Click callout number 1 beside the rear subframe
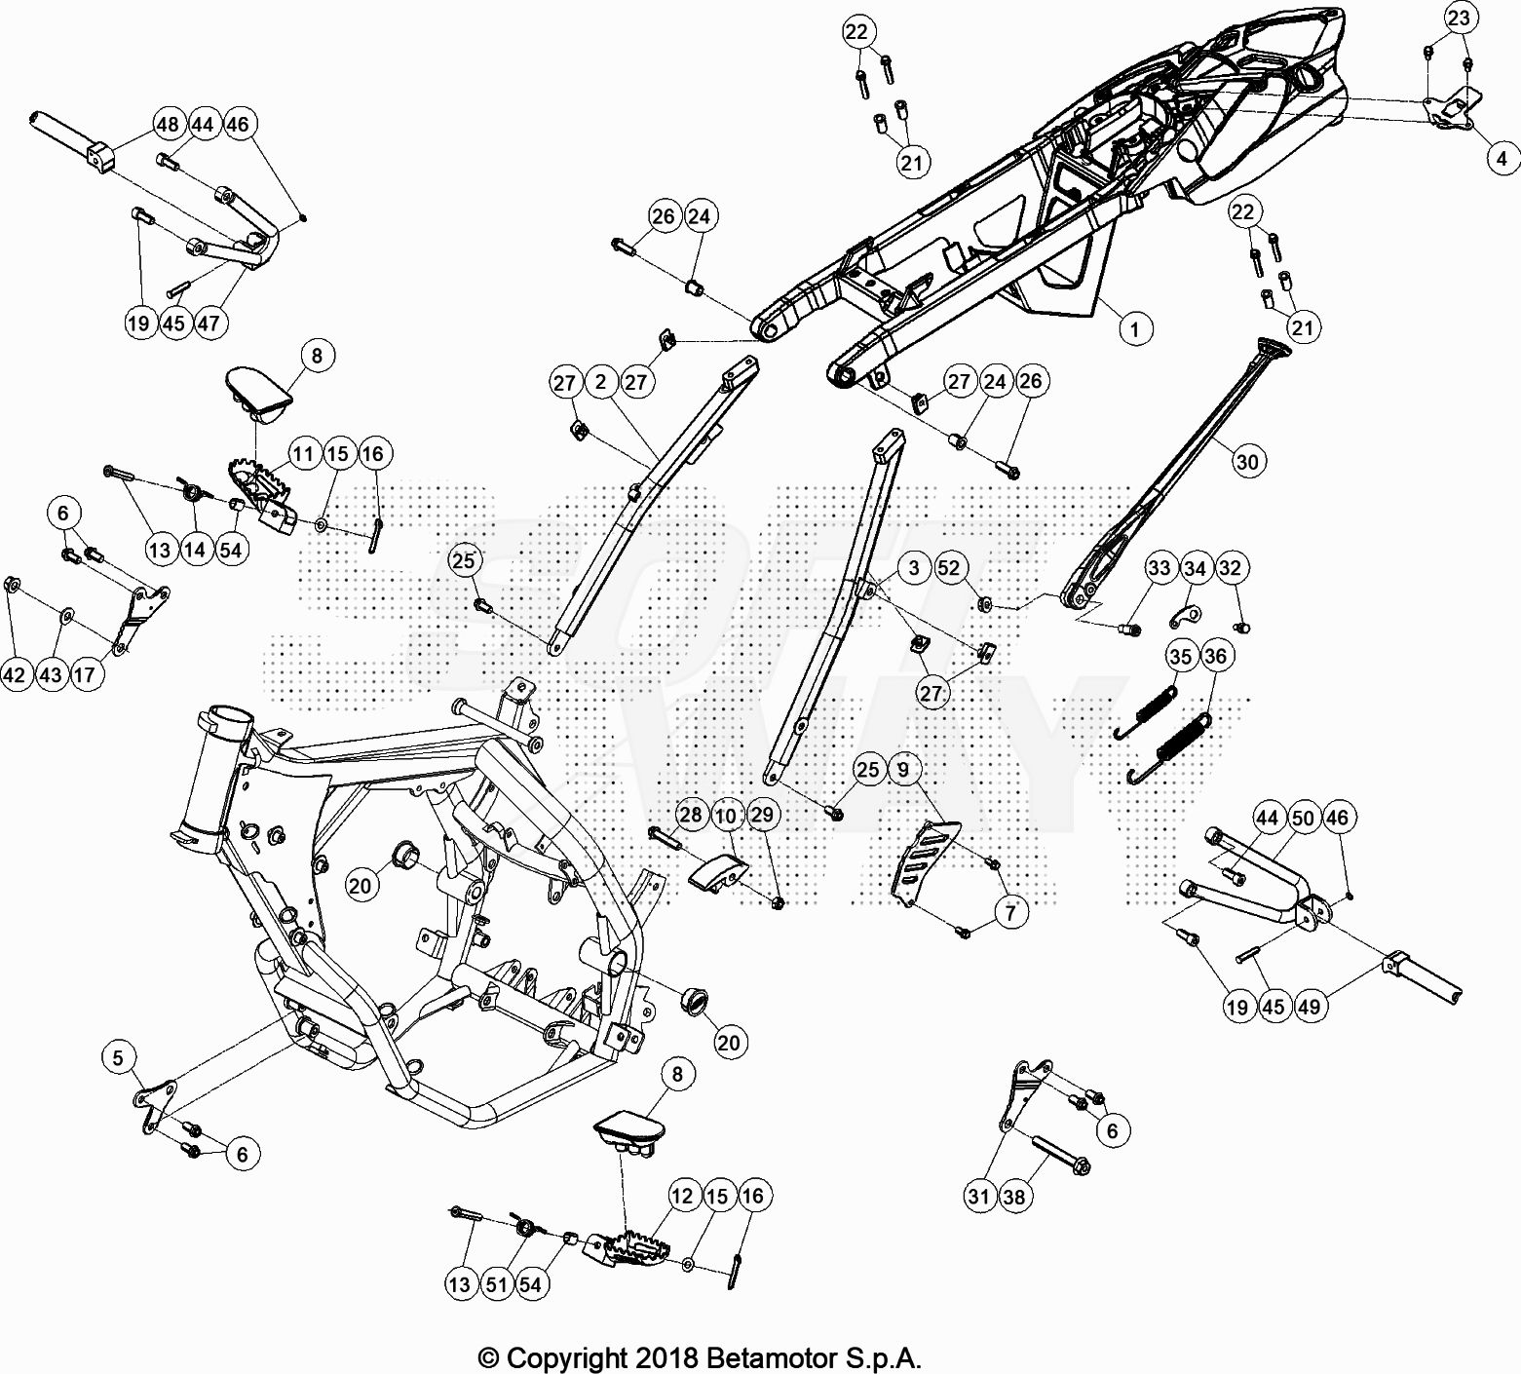click(1134, 329)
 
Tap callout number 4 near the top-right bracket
click(1502, 158)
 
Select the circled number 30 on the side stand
click(1247, 461)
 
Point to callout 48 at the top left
click(168, 124)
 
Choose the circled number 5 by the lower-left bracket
click(119, 1057)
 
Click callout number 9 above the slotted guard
click(903, 770)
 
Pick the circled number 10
click(726, 815)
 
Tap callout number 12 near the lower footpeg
click(682, 1196)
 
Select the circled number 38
click(1014, 1196)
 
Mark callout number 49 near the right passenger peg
click(1310, 1006)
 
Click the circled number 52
click(948, 568)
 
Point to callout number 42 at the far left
click(16, 674)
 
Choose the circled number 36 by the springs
click(1215, 656)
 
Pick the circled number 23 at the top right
click(1459, 19)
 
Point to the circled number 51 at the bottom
click(497, 1284)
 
